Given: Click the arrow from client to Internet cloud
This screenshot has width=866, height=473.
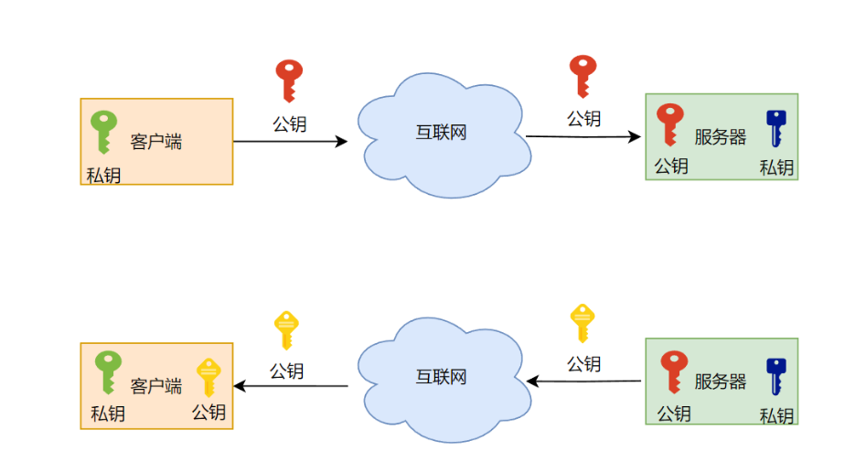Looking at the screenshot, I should (290, 141).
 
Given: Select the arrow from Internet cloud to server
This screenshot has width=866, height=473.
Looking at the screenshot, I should (583, 137).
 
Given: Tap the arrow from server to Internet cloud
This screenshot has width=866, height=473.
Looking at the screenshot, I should (583, 382).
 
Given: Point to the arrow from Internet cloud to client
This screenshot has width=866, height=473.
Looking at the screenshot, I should (291, 386).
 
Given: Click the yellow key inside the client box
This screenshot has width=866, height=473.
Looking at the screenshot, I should (208, 378).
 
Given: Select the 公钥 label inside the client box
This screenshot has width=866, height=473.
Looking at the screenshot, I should (208, 413).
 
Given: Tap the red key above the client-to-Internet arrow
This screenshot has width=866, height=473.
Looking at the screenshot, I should (290, 80).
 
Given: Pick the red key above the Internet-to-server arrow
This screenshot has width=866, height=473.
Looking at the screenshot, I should (583, 75).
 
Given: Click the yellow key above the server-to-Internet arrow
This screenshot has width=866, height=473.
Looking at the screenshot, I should (583, 323).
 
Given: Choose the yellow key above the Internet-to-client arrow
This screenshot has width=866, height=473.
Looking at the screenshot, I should (287, 329).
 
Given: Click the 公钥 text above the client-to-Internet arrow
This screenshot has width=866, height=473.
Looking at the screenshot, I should (289, 124).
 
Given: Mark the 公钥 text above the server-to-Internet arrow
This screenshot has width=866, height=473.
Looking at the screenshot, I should (583, 363).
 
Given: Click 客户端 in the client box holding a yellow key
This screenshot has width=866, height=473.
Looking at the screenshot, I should (156, 385).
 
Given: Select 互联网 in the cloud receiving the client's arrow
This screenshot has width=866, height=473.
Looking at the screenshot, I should (442, 132).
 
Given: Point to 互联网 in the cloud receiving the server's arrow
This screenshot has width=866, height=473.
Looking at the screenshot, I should (442, 376).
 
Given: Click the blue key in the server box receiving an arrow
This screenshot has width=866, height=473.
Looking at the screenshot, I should (776, 128).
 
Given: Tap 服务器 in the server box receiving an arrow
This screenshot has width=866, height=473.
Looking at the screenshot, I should (721, 137).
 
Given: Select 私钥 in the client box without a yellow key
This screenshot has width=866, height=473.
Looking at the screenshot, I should (103, 174).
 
